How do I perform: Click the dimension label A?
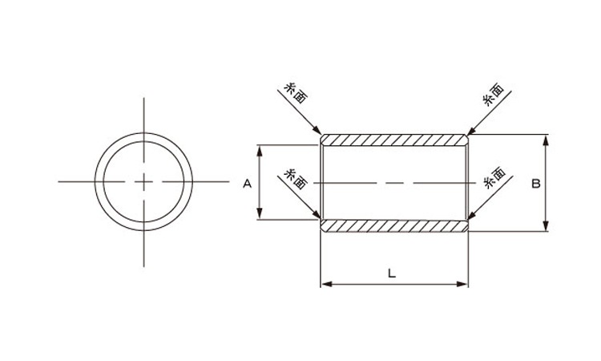[248, 184]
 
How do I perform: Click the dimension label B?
[536, 184]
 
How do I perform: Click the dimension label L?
[391, 274]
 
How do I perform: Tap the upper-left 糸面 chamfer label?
[296, 93]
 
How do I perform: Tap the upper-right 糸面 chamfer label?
[494, 95]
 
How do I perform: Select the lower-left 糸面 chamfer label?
[296, 179]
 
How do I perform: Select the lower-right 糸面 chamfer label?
[494, 177]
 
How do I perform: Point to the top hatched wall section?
[394, 140]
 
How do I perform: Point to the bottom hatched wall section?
[394, 226]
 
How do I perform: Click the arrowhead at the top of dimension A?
[260, 150]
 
